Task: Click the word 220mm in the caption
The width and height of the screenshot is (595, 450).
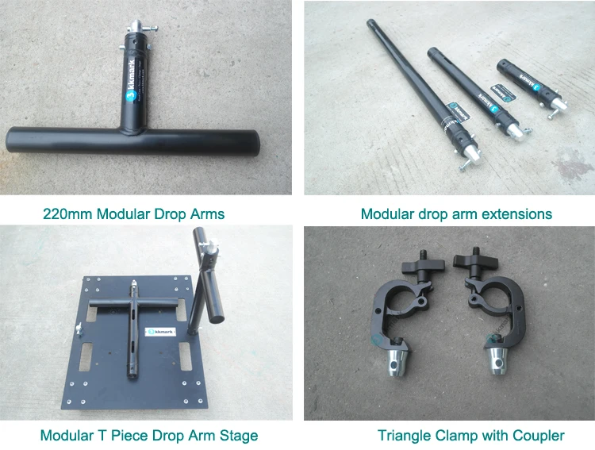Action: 65,214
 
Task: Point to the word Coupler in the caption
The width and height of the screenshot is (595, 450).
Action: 539,435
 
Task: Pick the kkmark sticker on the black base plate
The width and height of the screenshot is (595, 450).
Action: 155,332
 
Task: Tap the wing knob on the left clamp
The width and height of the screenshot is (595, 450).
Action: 421,263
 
